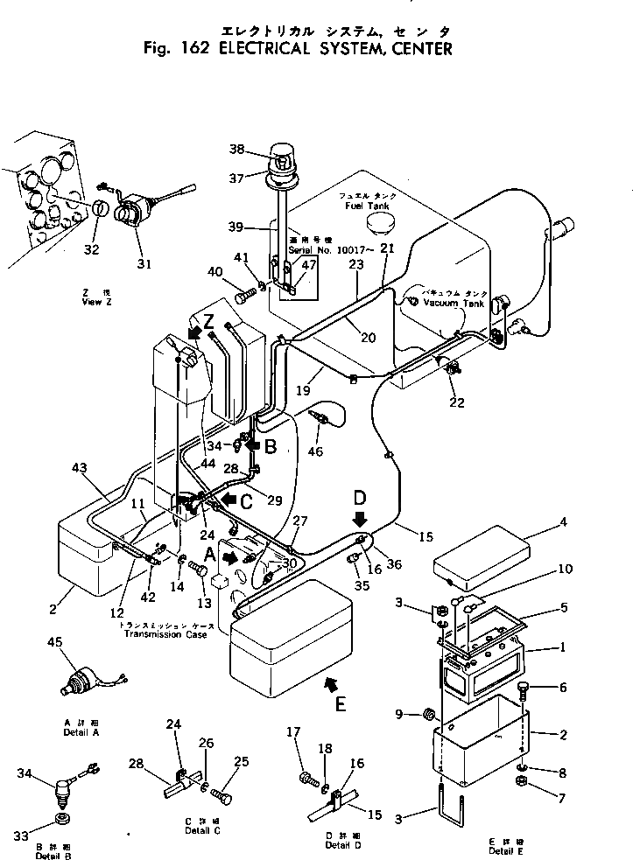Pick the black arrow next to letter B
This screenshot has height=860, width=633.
(x=252, y=445)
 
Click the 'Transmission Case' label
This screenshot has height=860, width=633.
(x=165, y=633)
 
